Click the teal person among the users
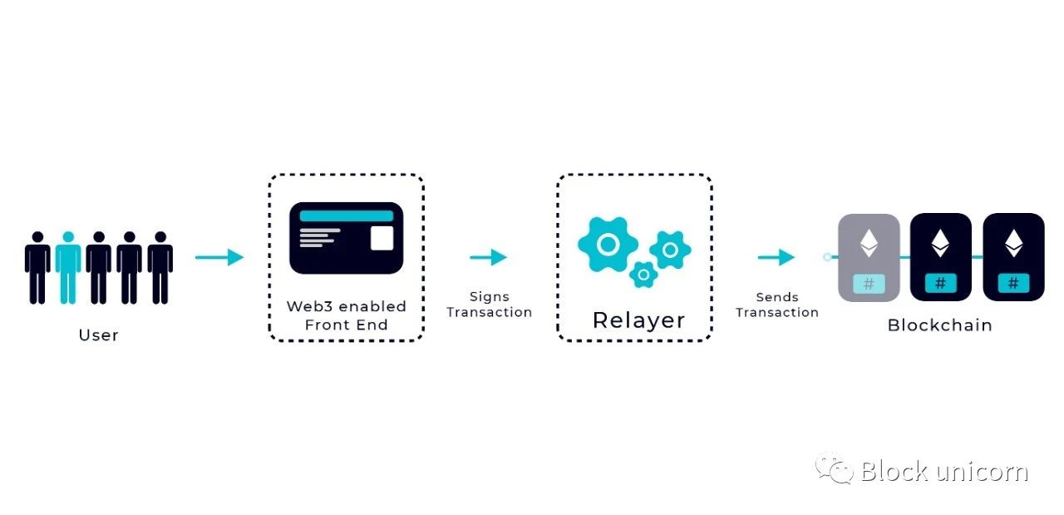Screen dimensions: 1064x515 pos(68,267)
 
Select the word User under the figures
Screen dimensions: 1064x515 pos(98,335)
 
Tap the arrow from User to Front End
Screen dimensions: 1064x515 pos(219,257)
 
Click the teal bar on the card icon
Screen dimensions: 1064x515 pos(347,215)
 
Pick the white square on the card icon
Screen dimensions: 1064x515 pos(382,238)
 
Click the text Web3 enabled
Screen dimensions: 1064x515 pos(347,306)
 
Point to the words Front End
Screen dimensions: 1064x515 pos(347,324)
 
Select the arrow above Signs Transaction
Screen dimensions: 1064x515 pos(488,257)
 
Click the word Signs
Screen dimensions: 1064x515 pos(490,297)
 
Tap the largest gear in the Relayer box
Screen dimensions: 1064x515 pos(608,245)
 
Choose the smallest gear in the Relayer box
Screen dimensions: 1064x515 pos(643,275)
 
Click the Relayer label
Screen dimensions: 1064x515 pos(639,320)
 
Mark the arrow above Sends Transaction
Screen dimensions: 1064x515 pos(776,257)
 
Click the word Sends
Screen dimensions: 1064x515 pos(777,297)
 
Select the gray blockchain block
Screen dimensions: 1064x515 pos(869,257)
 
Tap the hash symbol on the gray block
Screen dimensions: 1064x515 pos(869,284)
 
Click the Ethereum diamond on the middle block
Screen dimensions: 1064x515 pos(940,243)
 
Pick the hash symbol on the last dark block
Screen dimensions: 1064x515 pos(1013,284)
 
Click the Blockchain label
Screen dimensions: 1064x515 pos(940,325)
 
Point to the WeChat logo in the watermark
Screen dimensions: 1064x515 pos(834,468)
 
